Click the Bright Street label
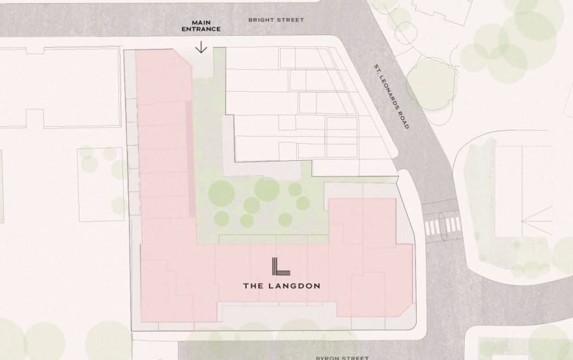coord(276,20)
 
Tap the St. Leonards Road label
coord(391,96)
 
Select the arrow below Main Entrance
coord(201,46)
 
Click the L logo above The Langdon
coord(281,267)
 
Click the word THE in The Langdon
coord(252,284)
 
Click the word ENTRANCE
coord(201,29)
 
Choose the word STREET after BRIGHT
coord(290,20)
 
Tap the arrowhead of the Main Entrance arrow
coord(201,50)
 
